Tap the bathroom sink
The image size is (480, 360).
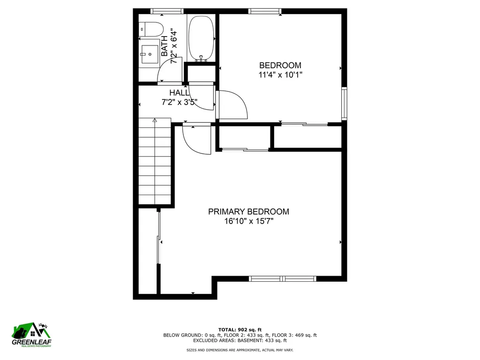(x=150, y=54)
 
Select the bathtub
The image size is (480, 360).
(x=201, y=37)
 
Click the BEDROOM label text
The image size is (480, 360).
(x=280, y=65)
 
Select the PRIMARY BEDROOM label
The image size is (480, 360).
(x=248, y=211)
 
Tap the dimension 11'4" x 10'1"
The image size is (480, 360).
(x=280, y=75)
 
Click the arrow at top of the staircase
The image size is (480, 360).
(x=154, y=121)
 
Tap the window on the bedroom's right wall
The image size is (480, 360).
(x=345, y=103)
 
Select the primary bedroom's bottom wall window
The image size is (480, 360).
(x=283, y=278)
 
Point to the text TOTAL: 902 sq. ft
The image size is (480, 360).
(x=240, y=329)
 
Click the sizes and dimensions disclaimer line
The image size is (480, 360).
(x=240, y=350)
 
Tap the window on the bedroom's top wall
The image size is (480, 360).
(x=265, y=11)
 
